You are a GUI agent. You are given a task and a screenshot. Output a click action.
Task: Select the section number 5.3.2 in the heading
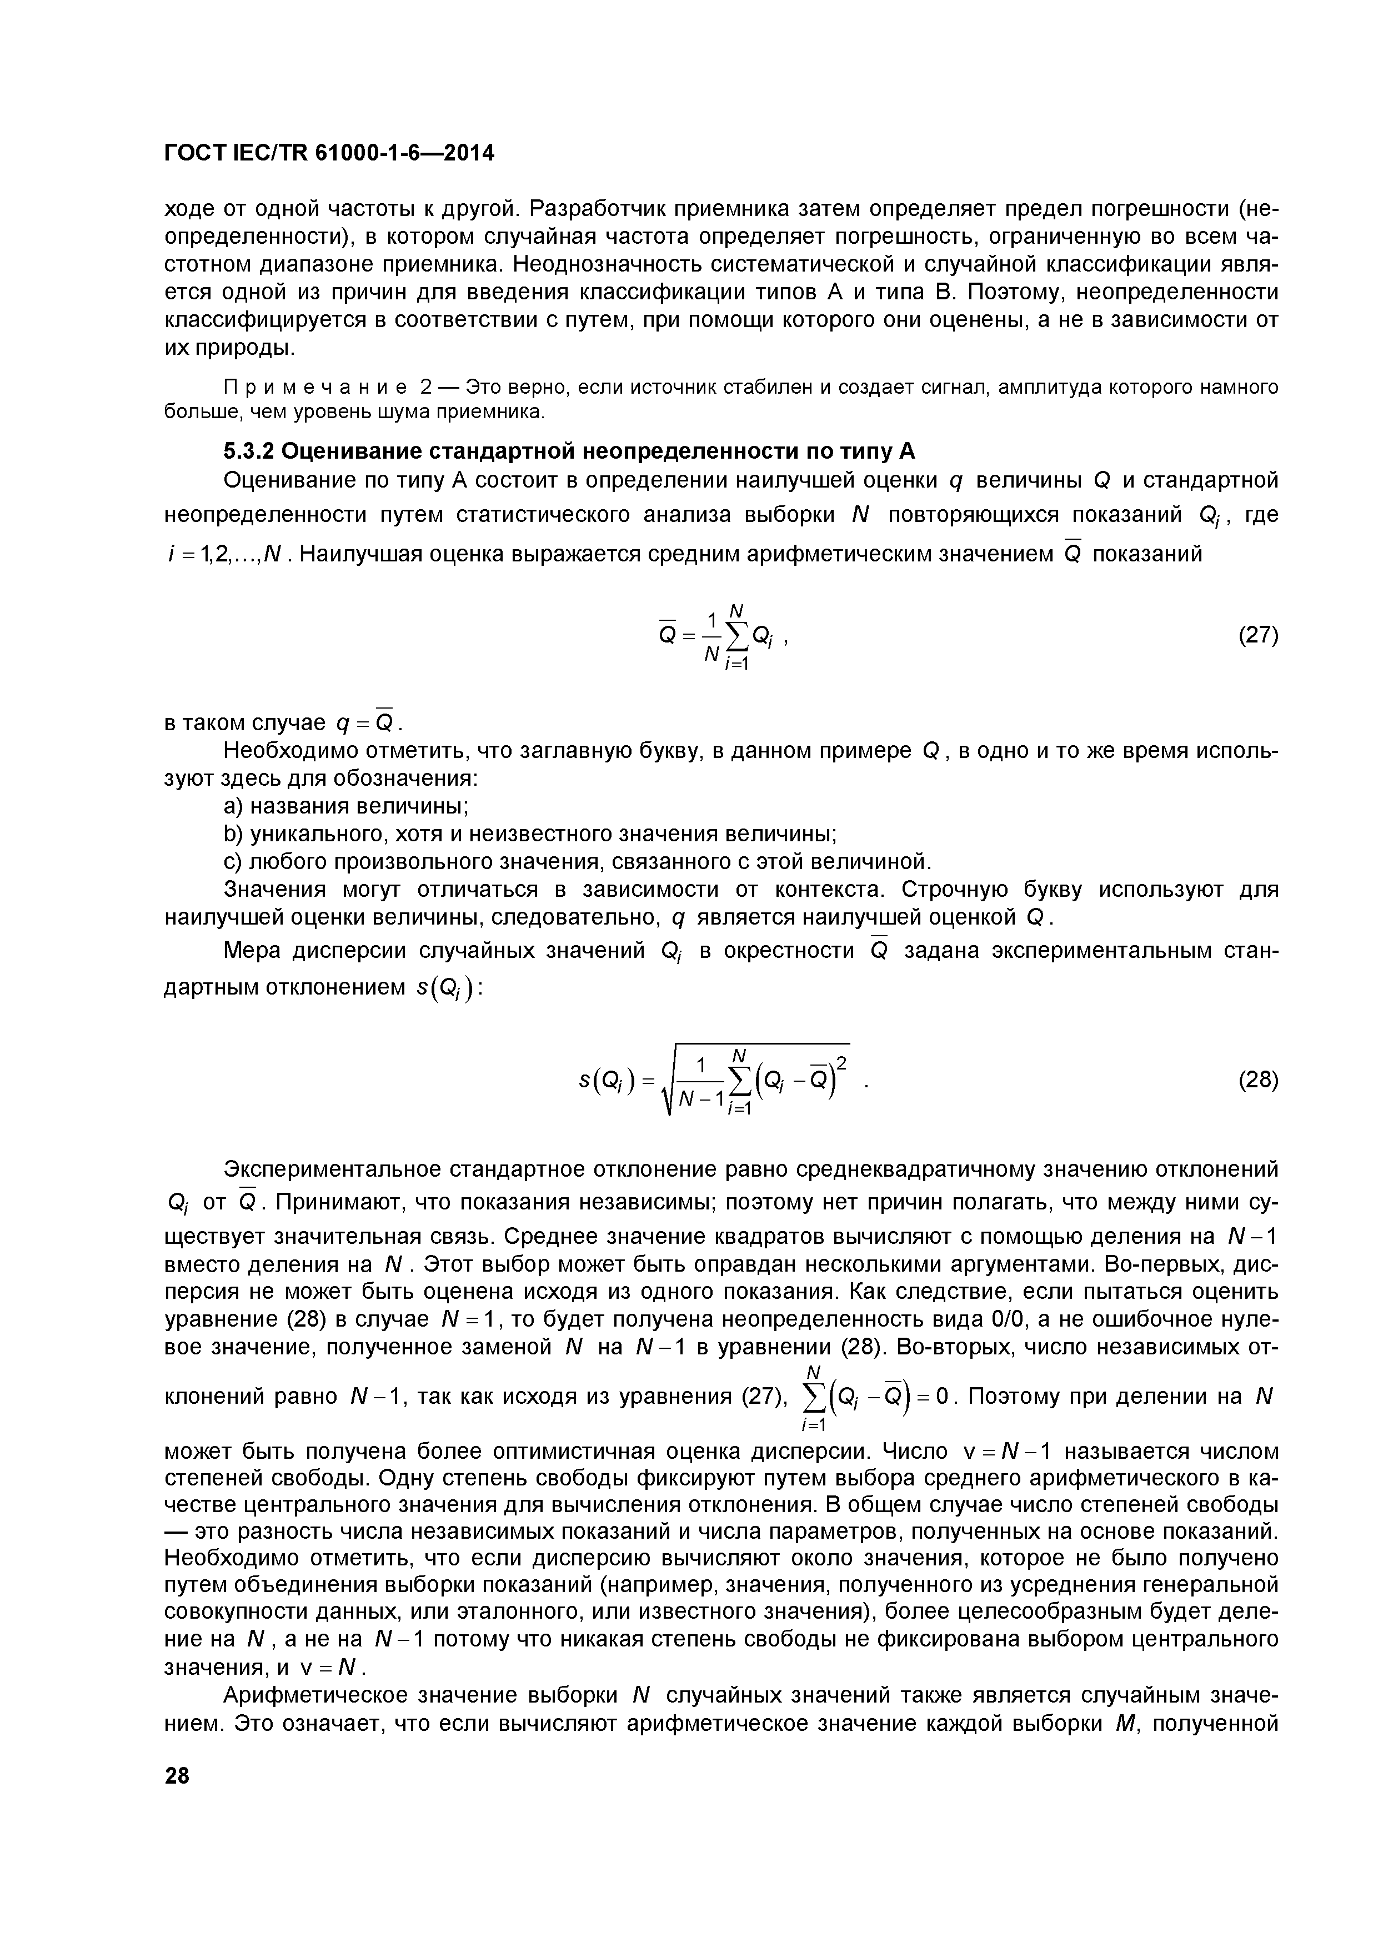coord(249,450)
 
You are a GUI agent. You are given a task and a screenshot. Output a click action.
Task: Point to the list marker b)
coord(233,834)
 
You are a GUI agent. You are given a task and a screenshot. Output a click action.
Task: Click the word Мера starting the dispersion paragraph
coord(253,951)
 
